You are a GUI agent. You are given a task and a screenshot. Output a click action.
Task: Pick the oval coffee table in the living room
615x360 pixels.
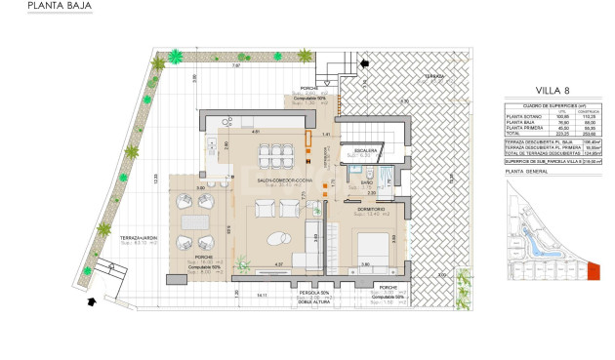pos(278,236)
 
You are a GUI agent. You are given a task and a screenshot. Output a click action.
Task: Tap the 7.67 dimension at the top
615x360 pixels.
pos(238,66)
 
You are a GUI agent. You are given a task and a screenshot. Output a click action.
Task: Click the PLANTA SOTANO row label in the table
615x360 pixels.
pos(523,114)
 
